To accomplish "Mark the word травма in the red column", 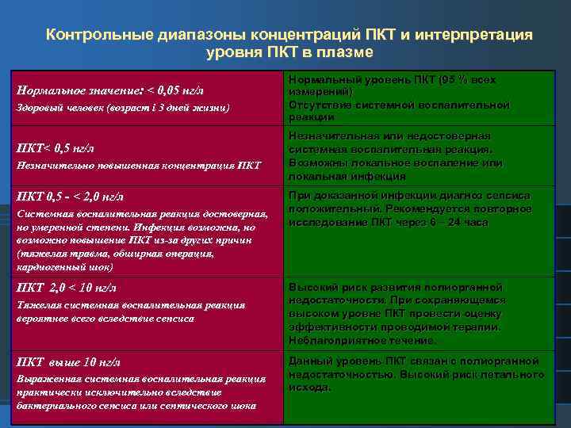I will coord(74,254).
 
